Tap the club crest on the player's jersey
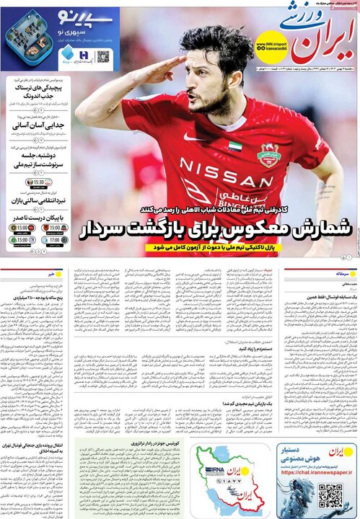point(268,154)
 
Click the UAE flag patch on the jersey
point(234,146)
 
